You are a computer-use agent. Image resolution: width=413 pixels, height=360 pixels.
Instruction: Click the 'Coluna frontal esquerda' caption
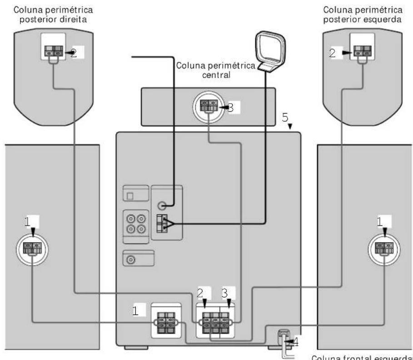362,356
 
